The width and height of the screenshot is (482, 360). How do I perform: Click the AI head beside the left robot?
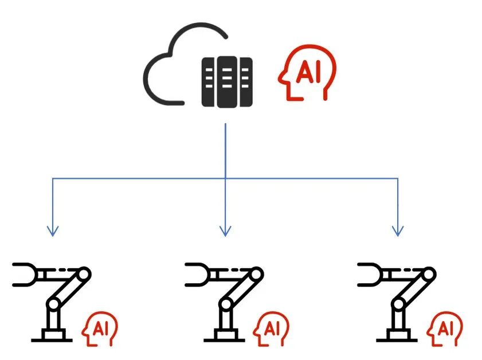[x=99, y=330]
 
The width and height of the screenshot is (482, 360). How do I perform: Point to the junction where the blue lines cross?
[x=225, y=179]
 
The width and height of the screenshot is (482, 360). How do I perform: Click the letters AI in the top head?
[x=309, y=74]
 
